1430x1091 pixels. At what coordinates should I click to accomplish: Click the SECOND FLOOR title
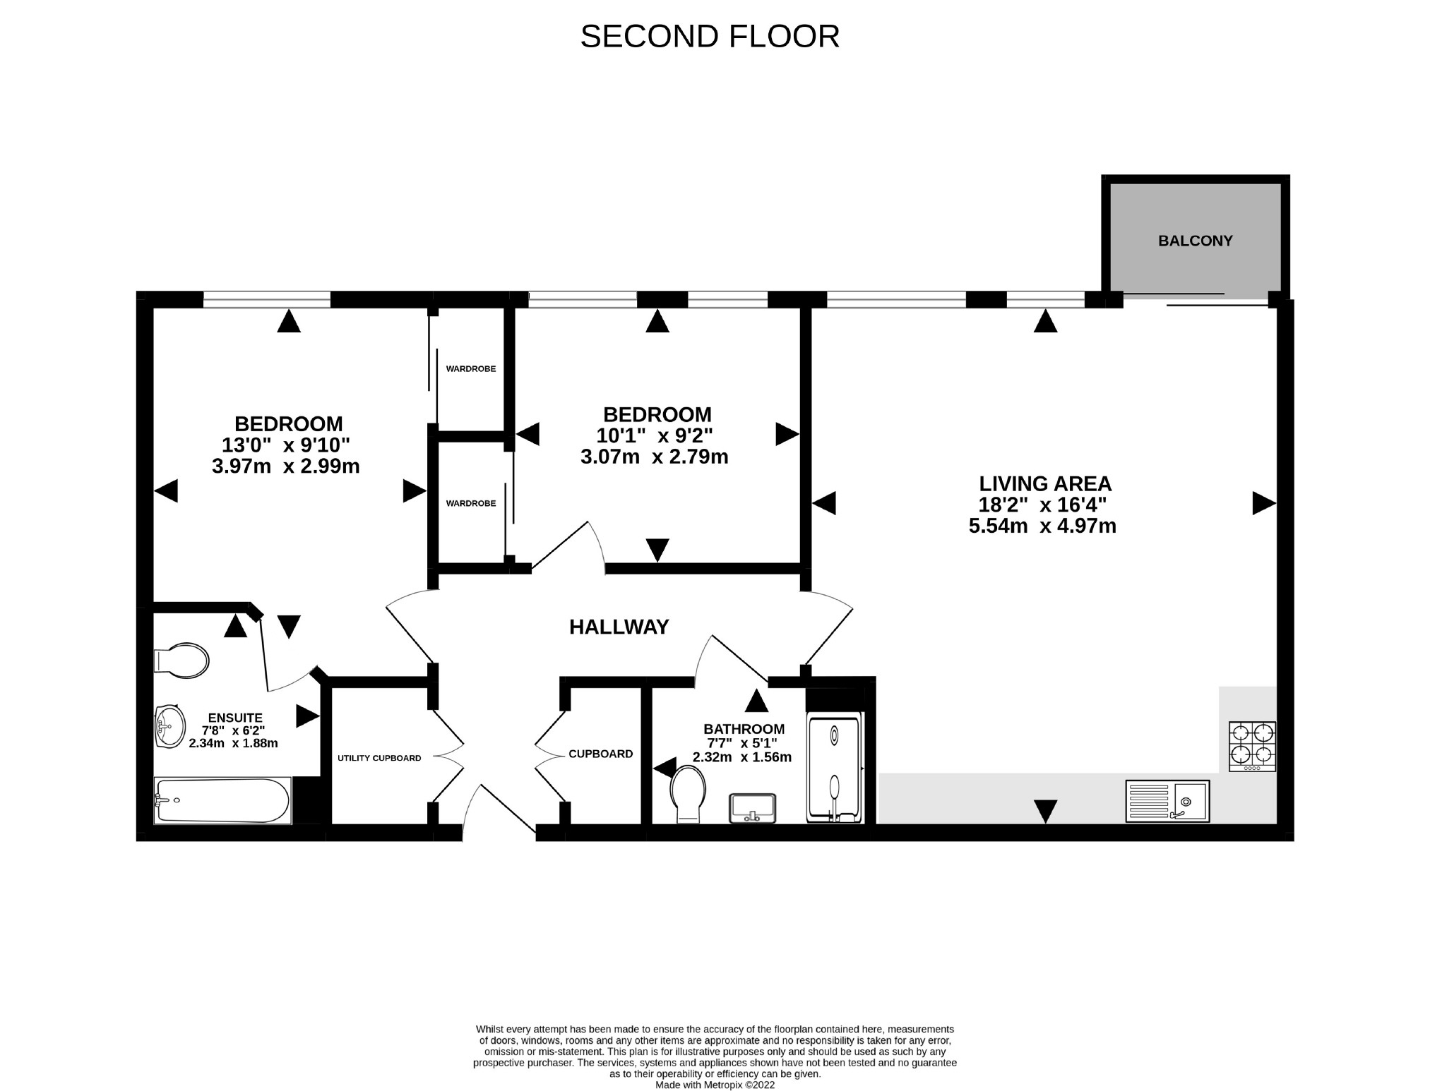pos(710,37)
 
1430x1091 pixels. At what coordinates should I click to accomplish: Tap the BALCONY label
pos(1195,241)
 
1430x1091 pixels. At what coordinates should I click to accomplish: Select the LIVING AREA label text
pos(1045,483)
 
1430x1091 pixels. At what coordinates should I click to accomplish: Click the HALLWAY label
pos(619,627)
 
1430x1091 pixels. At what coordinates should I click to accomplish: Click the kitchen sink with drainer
pos(1167,800)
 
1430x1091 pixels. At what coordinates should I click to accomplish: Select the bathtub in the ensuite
pos(222,800)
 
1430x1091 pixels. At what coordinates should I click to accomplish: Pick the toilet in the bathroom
pos(688,793)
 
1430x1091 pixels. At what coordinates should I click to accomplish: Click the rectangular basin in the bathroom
pos(753,807)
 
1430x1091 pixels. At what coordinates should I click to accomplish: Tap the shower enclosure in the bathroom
pos(834,769)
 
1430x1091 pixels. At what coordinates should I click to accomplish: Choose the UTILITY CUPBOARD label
pos(379,758)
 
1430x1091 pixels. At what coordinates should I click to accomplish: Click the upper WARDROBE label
pos(471,368)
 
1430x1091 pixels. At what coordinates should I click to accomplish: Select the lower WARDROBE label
pos(471,503)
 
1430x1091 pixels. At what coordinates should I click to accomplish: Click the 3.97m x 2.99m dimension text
pos(286,466)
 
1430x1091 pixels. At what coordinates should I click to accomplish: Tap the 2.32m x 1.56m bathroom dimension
pos(742,757)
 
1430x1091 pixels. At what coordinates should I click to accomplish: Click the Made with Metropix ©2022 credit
pos(715,1085)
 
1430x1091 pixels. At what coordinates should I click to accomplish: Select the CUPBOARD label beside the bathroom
pos(601,754)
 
